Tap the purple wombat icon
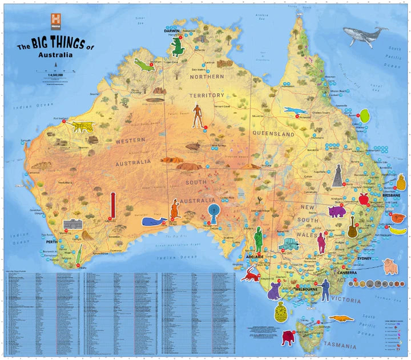tap(337, 211)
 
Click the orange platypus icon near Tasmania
tap(340, 318)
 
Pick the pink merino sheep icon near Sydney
tap(390, 266)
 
